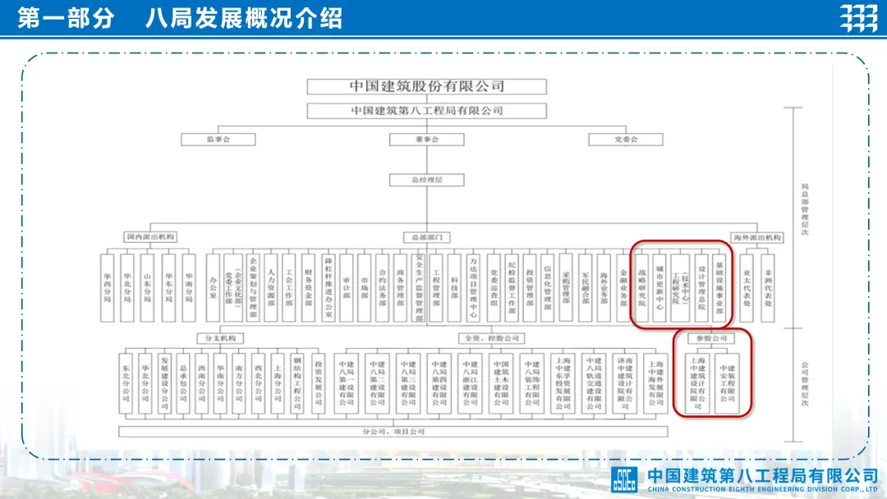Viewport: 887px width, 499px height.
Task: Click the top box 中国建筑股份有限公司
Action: (426, 86)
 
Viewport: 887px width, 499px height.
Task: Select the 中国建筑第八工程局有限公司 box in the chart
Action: (426, 111)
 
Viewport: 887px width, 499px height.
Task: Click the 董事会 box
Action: (426, 140)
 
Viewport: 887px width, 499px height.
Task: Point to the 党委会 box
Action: (626, 140)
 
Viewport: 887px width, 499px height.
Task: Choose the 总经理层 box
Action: (426, 178)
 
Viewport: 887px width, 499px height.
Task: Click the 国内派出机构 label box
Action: (150, 237)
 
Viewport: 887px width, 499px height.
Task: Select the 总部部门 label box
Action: (426, 237)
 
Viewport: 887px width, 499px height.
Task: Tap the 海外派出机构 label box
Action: (756, 237)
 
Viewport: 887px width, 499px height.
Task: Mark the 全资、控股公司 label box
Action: (492, 338)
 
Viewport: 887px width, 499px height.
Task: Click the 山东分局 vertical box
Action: (147, 286)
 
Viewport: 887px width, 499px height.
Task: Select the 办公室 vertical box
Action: (213, 286)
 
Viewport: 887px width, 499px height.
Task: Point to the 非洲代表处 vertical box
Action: (768, 286)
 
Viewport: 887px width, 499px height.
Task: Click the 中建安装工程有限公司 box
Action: (727, 382)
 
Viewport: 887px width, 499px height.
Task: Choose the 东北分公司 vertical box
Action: (126, 382)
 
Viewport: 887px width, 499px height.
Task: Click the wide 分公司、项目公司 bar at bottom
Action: (393, 431)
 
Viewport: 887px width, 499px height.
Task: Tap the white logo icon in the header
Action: (858, 18)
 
